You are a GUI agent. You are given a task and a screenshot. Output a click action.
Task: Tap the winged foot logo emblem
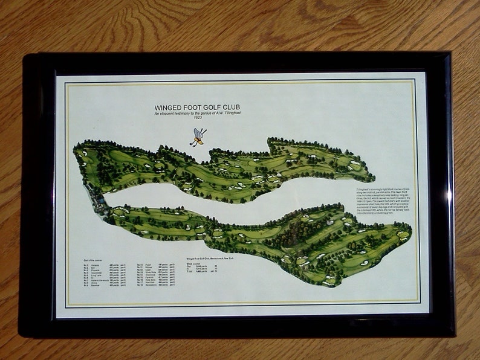[198, 137]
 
